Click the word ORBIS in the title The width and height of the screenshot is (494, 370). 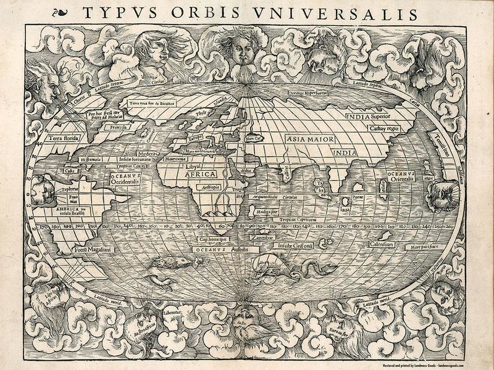pos(203,13)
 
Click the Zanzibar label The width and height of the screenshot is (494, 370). pos(262,236)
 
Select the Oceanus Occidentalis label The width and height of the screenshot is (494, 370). pos(127,179)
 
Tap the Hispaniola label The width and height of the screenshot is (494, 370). pos(86,158)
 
